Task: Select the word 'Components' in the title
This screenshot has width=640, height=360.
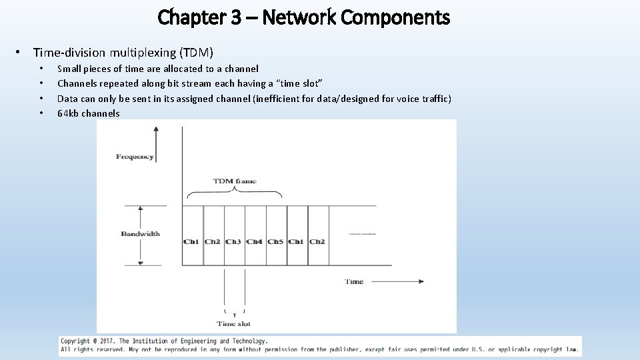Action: pyautogui.click(x=395, y=17)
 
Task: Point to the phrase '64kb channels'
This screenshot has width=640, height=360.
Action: pyautogui.click(x=89, y=113)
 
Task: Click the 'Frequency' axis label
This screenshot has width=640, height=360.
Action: pyautogui.click(x=135, y=157)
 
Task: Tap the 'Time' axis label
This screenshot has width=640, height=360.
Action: pyautogui.click(x=354, y=281)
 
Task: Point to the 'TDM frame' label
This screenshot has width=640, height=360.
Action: pyautogui.click(x=234, y=181)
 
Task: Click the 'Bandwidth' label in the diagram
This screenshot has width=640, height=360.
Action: pyautogui.click(x=140, y=234)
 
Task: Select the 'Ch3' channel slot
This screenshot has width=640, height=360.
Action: pyautogui.click(x=233, y=241)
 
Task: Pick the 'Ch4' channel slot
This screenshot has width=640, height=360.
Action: pyautogui.click(x=255, y=241)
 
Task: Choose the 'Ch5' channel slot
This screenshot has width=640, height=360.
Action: pyautogui.click(x=275, y=241)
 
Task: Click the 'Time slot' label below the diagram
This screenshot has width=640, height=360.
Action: pyautogui.click(x=234, y=324)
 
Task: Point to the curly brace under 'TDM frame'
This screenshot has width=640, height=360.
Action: pyautogui.click(x=234, y=193)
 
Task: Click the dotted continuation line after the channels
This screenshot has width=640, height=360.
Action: pyautogui.click(x=362, y=235)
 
